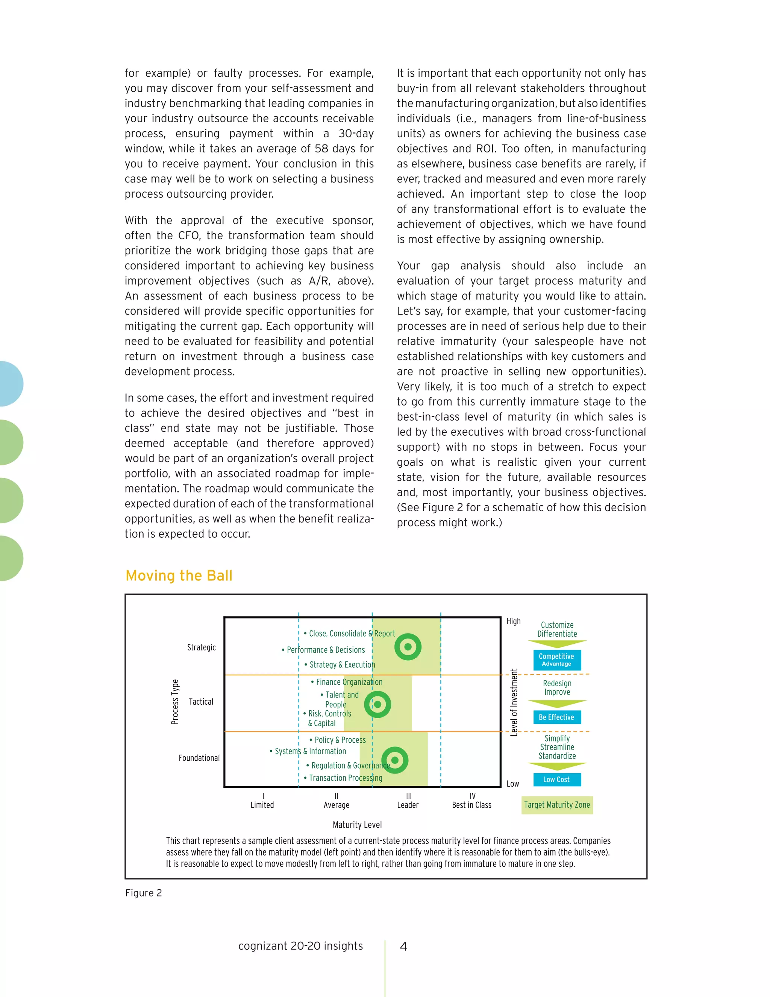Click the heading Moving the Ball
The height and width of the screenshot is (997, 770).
click(179, 576)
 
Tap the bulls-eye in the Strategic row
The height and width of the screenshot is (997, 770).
click(408, 647)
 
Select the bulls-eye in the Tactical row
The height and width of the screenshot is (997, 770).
click(377, 704)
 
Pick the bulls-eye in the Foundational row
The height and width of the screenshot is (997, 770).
click(394, 760)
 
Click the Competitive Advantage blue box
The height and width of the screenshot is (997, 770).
click(556, 660)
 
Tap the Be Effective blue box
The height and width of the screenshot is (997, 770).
click(556, 717)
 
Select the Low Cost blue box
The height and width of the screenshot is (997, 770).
click(556, 780)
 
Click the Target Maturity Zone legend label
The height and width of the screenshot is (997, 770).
click(557, 805)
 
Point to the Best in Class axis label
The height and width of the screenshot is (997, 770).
click(472, 805)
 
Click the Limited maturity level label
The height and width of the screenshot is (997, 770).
click(262, 805)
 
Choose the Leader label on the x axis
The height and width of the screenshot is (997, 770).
click(408, 805)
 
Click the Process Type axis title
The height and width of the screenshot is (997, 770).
click(175, 702)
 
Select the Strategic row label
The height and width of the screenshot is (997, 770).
click(201, 647)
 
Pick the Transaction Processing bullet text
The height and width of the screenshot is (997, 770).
click(345, 778)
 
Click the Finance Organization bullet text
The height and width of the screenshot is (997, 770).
click(349, 682)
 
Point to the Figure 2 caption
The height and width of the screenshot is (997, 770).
click(143, 893)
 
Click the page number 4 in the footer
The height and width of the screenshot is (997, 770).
click(403, 946)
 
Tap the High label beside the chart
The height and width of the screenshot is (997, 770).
click(514, 621)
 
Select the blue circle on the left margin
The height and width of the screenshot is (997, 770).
click(9, 383)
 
